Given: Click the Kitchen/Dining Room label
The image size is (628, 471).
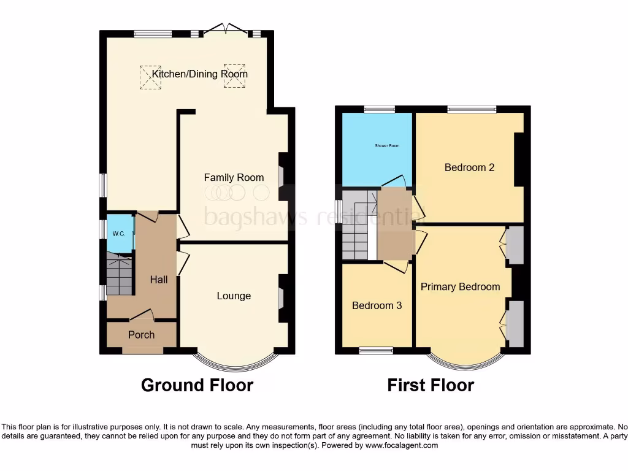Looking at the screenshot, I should [200, 74].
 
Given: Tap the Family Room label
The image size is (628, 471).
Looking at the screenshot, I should [234, 177].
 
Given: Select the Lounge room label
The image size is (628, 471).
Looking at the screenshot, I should [234, 296].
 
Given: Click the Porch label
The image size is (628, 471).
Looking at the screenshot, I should [141, 335].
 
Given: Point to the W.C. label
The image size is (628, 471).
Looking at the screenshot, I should [119, 234].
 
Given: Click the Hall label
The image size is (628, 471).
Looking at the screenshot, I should [159, 280].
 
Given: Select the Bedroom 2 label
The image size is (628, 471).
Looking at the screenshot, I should [469, 167].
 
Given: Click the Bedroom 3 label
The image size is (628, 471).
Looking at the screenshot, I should [377, 305].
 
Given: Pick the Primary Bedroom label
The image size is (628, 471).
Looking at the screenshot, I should [460, 286].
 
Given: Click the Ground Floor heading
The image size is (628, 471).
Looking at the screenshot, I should [197, 385].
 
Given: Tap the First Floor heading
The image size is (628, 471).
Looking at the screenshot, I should [431, 385].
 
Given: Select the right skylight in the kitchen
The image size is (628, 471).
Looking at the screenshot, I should [234, 76].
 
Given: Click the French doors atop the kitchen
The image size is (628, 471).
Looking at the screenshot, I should [227, 29].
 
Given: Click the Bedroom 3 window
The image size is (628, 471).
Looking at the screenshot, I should [375, 351].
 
